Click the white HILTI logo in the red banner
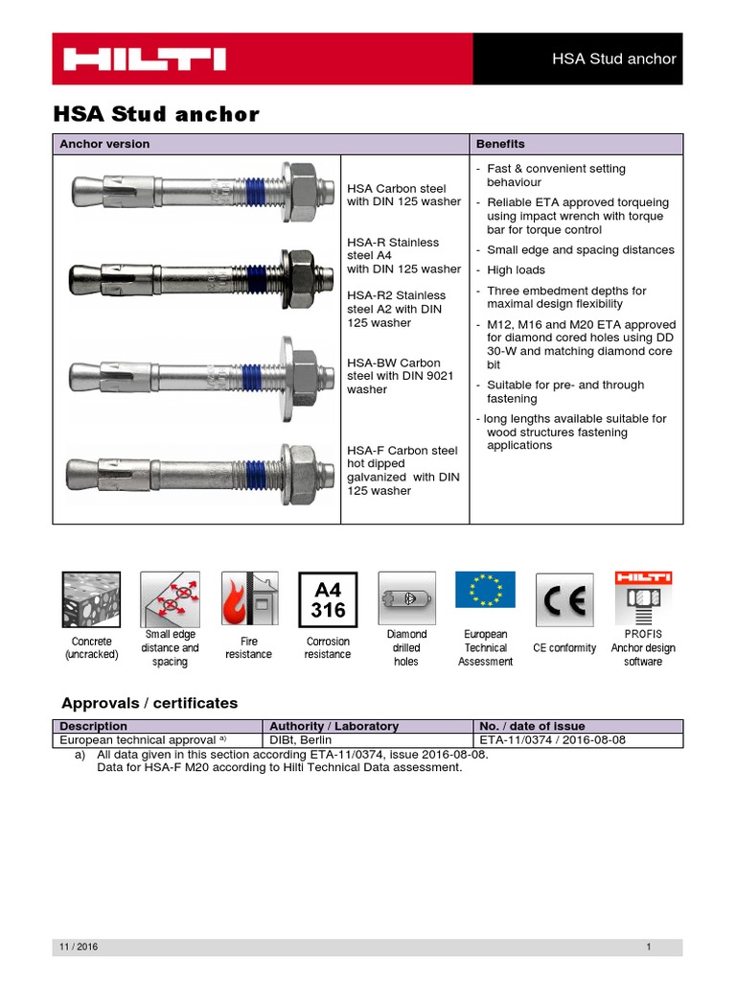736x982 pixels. tap(145, 59)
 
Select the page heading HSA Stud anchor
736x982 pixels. tap(155, 114)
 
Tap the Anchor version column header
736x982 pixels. tap(104, 144)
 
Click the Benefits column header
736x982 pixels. tap(500, 144)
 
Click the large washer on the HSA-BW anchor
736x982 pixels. tap(286, 364)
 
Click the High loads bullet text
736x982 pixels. tap(516, 270)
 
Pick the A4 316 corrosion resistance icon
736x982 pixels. tap(328, 599)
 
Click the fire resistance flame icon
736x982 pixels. tap(249, 599)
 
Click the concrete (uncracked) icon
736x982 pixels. tap(90, 599)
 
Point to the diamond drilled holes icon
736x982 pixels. tap(406, 598)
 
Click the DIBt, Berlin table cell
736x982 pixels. tap(305, 740)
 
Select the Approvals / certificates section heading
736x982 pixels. tap(149, 703)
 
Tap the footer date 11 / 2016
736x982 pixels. tap(80, 947)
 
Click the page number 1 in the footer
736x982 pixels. tap(649, 947)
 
